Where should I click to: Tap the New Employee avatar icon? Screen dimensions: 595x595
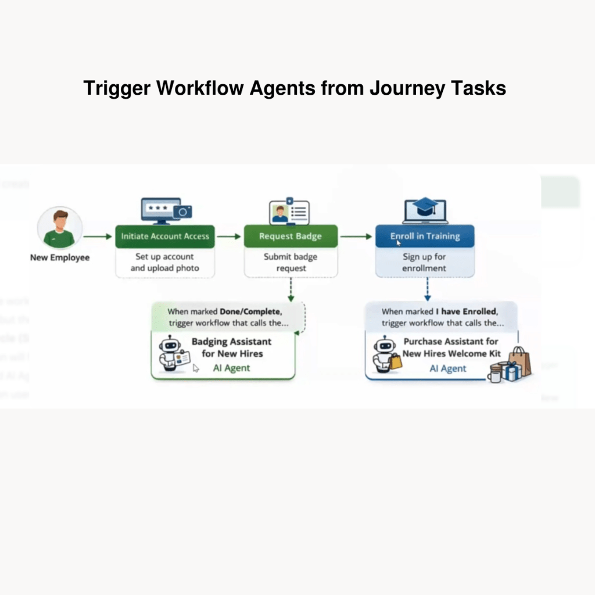point(60,228)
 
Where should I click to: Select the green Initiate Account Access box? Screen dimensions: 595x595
point(165,236)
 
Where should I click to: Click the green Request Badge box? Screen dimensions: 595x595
point(290,236)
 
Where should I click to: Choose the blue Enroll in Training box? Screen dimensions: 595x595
point(425,236)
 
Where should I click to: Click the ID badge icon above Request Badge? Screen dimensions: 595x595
point(289,213)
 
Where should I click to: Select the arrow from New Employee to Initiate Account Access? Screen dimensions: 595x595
point(98,236)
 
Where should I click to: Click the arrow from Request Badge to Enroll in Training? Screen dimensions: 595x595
point(356,236)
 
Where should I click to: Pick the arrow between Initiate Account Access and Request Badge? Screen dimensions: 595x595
point(229,236)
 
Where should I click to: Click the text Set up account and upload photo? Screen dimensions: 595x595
point(165,263)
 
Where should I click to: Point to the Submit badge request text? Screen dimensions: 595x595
point(291,263)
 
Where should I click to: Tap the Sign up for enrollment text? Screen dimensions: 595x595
point(425,263)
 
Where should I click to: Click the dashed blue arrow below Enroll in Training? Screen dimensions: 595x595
point(427,289)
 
